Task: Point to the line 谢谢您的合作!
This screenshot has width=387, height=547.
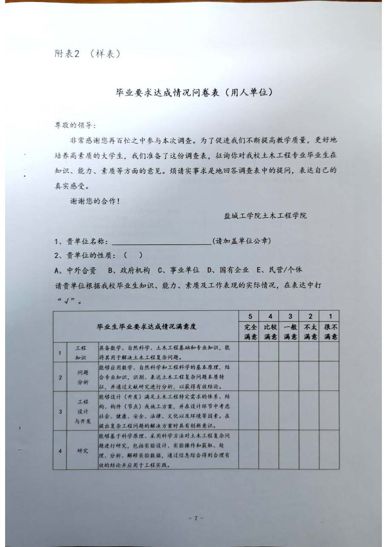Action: (94, 201)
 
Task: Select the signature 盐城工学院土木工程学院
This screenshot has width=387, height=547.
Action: (265, 215)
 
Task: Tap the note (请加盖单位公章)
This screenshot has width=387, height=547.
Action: (242, 241)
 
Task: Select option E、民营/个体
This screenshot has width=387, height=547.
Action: (280, 269)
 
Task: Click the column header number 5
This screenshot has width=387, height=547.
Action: (249, 316)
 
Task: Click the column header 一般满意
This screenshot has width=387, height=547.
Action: (289, 332)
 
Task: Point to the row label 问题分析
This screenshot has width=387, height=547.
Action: (82, 377)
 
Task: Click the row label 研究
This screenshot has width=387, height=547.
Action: (82, 451)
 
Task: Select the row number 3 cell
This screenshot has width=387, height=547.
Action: (60, 411)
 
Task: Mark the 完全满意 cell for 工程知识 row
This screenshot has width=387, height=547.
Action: (249, 352)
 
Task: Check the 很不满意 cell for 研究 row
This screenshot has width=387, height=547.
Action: (329, 450)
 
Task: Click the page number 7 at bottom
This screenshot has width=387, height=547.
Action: (193, 518)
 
